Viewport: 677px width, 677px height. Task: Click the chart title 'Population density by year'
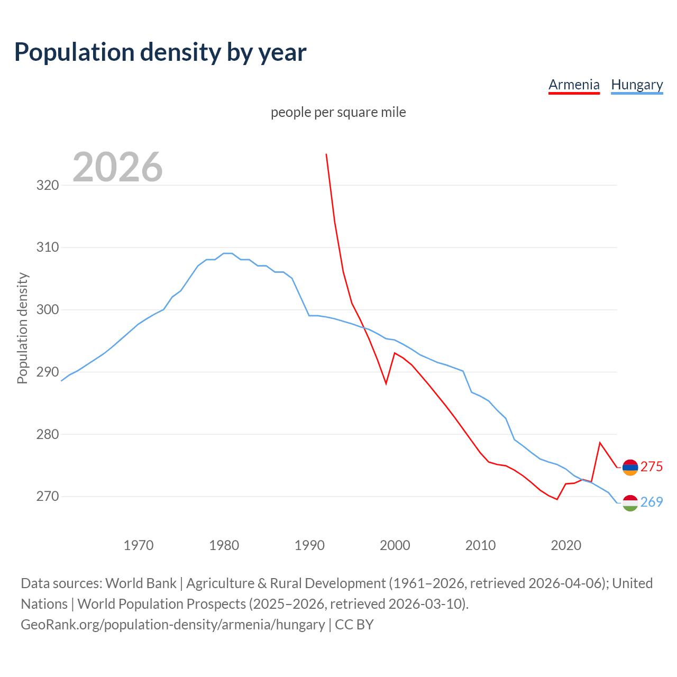click(160, 52)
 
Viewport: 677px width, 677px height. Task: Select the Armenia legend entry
click(574, 85)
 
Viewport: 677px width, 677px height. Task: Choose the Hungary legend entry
click(637, 85)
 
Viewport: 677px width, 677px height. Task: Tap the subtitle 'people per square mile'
click(338, 112)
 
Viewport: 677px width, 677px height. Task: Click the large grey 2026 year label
click(117, 167)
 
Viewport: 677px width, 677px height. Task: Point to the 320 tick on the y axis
click(47, 185)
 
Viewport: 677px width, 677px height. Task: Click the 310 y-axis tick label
click(47, 247)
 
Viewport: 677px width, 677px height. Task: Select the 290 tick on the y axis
click(47, 372)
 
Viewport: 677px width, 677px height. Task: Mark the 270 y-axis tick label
click(47, 496)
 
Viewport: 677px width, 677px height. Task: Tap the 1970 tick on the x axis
click(139, 545)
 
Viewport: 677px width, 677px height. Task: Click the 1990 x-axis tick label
click(309, 545)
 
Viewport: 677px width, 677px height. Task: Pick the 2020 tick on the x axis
click(566, 545)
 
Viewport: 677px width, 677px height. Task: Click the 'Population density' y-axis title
click(22, 328)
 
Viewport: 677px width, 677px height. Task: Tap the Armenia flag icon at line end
click(630, 468)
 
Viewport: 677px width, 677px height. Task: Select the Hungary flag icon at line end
click(630, 503)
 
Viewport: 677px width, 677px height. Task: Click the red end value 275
click(652, 466)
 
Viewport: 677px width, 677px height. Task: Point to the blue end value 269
click(652, 502)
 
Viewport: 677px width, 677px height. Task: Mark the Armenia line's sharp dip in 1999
click(386, 383)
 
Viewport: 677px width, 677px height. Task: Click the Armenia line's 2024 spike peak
click(600, 443)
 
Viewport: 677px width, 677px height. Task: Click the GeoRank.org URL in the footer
click(172, 625)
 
